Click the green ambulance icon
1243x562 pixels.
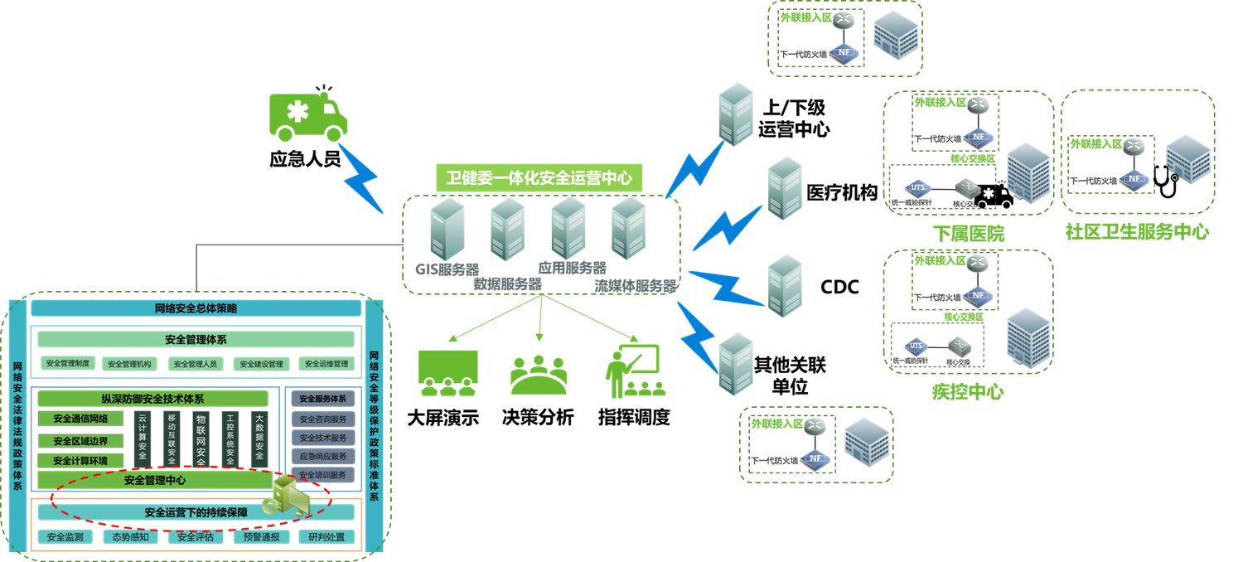coord(308,116)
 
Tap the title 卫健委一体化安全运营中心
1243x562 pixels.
coord(539,177)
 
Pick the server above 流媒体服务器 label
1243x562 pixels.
coord(629,229)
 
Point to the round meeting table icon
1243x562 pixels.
coord(539,375)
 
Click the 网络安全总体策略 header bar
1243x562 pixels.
coord(196,309)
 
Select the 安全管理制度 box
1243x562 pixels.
coord(68,363)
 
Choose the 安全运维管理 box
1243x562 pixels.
coord(326,363)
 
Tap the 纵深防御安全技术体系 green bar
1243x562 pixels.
coord(152,399)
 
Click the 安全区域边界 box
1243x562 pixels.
coord(80,441)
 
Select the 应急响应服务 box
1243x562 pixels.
coord(323,457)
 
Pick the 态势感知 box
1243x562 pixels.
coord(131,537)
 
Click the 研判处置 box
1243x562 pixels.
coord(326,537)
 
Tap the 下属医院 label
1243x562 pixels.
coord(968,234)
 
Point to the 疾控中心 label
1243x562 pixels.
coord(967,392)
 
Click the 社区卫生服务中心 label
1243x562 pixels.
coord(1137,232)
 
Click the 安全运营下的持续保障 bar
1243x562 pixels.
coord(196,512)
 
